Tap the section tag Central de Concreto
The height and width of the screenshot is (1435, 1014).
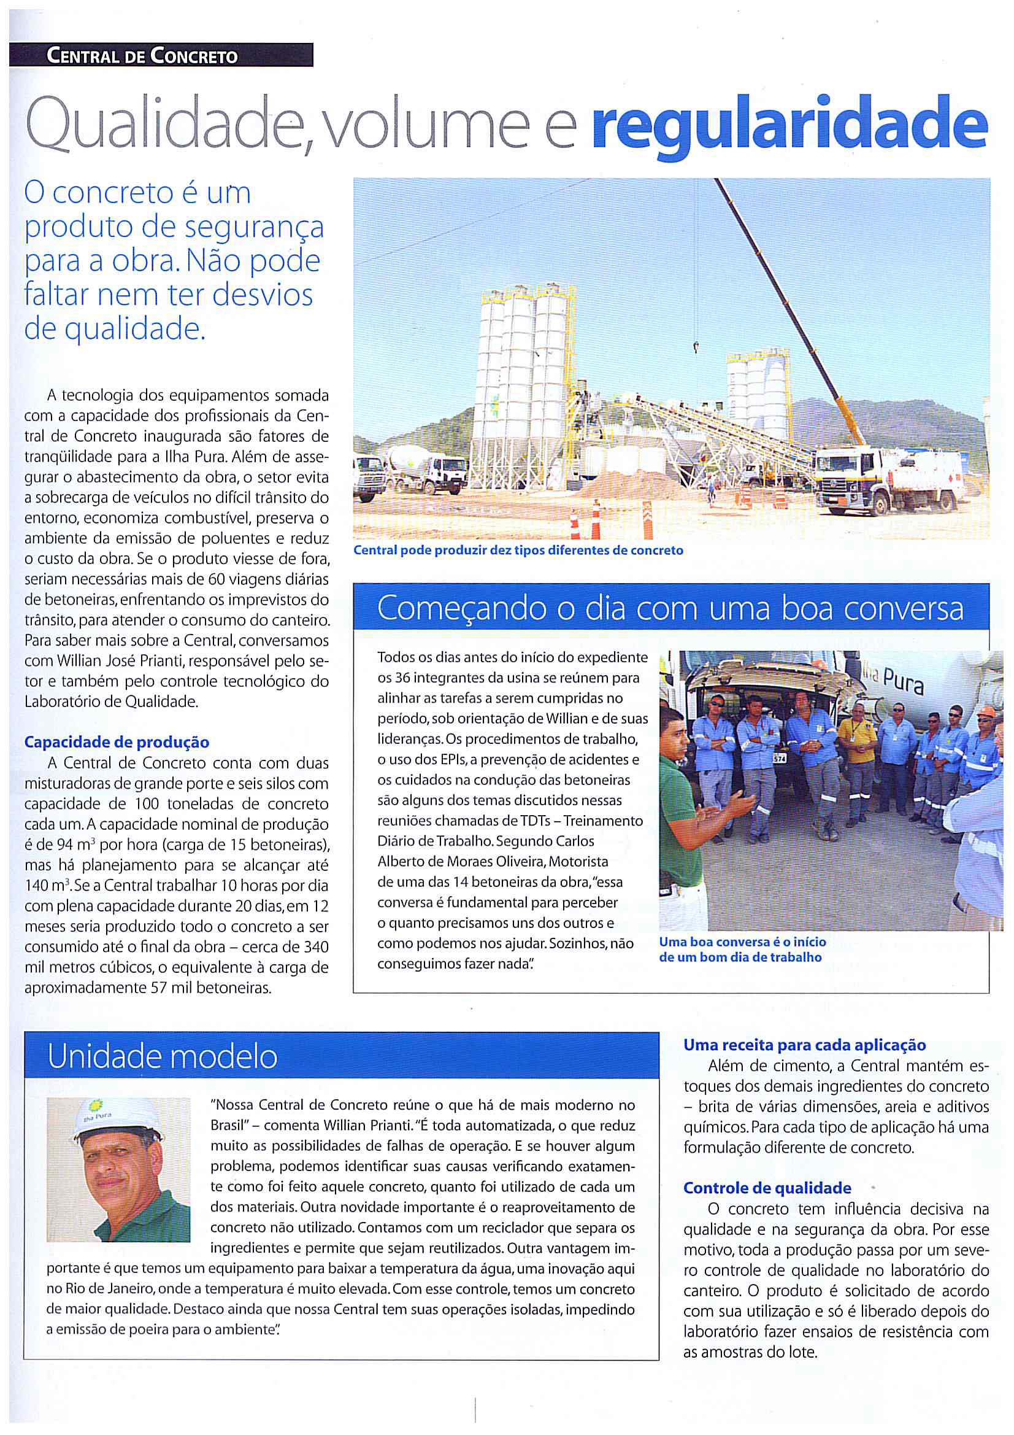[142, 57]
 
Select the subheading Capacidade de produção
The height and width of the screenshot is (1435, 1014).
[116, 743]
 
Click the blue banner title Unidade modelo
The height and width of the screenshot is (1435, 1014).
[163, 1057]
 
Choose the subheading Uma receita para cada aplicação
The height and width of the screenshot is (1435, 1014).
[805, 1045]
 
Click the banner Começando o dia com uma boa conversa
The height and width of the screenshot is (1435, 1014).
[671, 608]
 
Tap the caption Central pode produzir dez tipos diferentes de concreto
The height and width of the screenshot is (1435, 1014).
[518, 551]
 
